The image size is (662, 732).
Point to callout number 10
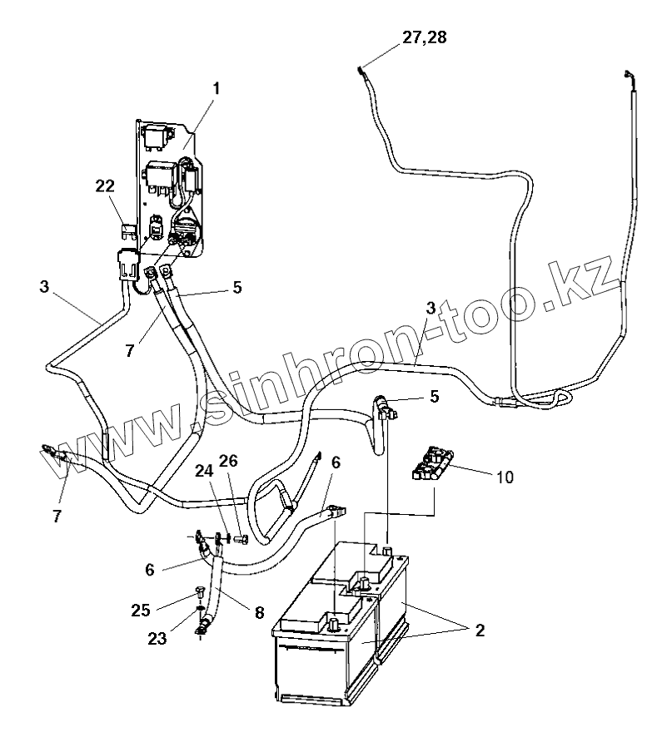504,477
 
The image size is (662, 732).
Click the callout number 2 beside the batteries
480,630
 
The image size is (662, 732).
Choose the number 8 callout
259,612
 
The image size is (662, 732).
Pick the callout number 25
164,610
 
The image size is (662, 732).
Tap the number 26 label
229,461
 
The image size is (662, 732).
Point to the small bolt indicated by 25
199,593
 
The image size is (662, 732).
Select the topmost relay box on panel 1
156,132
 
